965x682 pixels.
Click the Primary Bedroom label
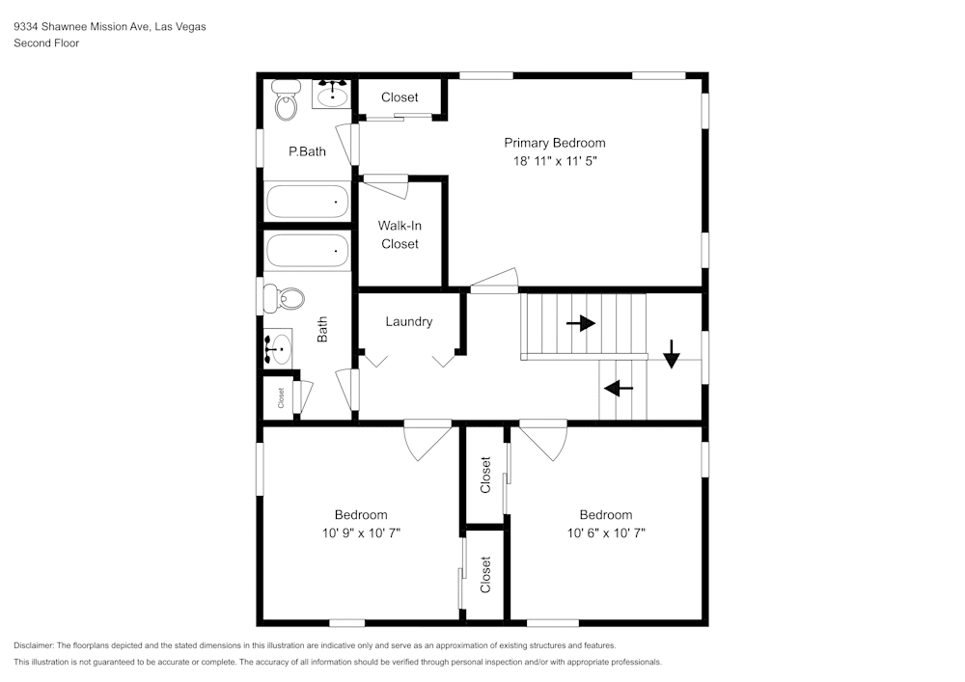coord(555,143)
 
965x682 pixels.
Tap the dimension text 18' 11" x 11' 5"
coord(555,161)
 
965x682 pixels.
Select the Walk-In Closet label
coord(400,234)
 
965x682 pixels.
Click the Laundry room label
coord(409,321)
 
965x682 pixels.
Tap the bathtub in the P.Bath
coord(307,202)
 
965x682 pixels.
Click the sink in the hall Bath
coord(279,347)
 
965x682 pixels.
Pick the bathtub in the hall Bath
coord(307,251)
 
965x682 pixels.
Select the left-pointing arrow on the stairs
coord(618,389)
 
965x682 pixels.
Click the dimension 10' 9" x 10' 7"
coord(361,532)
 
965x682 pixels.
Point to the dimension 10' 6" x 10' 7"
coord(606,532)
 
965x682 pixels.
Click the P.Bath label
coord(307,151)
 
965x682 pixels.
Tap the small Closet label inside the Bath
coord(282,396)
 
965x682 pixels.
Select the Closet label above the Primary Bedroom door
coord(400,97)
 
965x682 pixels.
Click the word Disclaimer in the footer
coord(34,645)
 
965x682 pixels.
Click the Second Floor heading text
coord(46,43)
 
